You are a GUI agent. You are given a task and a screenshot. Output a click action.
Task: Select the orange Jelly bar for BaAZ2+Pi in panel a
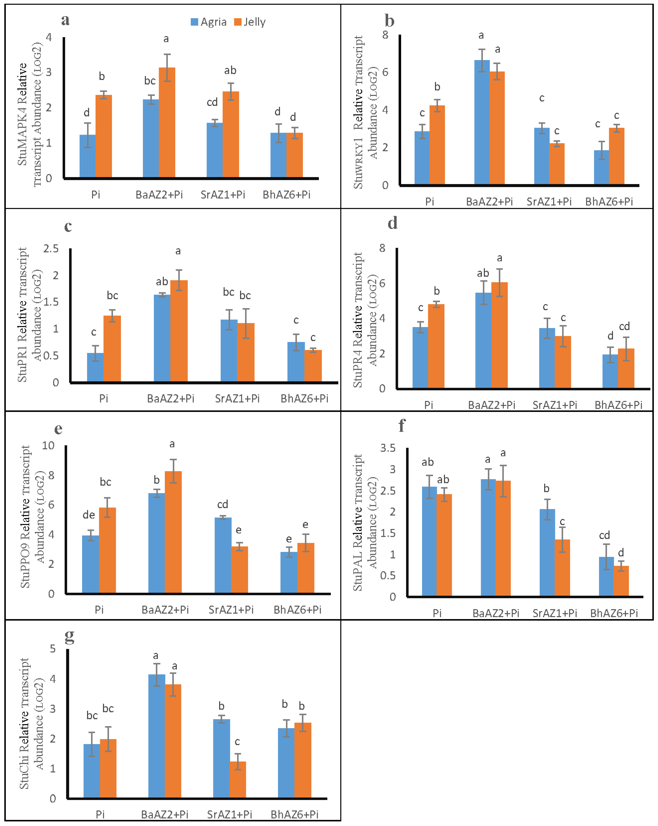pyautogui.click(x=167, y=123)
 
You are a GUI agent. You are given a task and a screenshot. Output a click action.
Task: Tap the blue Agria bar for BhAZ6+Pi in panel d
pyautogui.click(x=610, y=371)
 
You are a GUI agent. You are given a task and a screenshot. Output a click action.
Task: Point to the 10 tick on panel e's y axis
pyautogui.click(x=48, y=445)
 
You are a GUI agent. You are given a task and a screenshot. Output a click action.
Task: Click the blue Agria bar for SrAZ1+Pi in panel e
pyautogui.click(x=223, y=555)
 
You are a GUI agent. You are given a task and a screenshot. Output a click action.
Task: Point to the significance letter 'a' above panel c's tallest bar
pyautogui.click(x=178, y=251)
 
